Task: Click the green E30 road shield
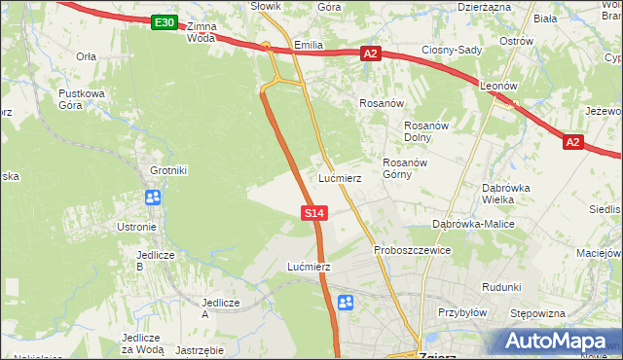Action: [165, 21]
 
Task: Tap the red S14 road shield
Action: [312, 211]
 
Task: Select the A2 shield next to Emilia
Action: [370, 54]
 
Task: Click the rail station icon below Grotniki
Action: [153, 198]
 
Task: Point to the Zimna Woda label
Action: [201, 32]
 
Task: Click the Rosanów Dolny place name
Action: [425, 131]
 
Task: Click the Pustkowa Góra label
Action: [82, 99]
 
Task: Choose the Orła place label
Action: [86, 56]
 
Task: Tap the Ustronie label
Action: [136, 227]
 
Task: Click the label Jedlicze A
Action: [219, 308]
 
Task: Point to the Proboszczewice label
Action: [413, 250]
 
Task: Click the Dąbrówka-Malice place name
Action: [473, 224]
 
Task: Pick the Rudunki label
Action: [501, 287]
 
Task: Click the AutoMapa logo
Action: [553, 341]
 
